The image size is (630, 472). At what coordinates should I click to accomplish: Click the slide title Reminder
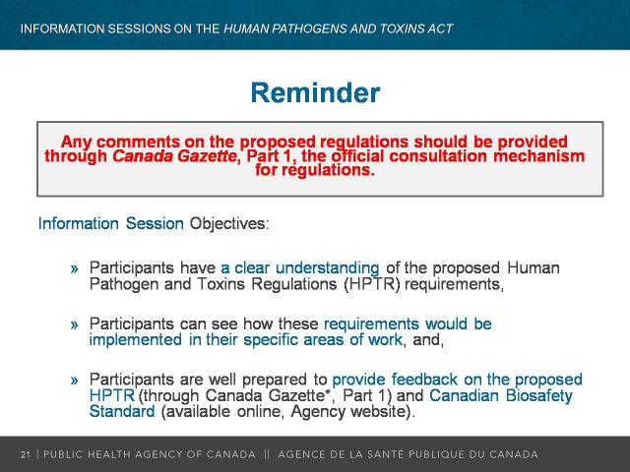click(315, 92)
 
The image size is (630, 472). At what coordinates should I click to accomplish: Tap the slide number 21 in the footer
click(26, 454)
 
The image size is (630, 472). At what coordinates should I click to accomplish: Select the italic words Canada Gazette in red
click(174, 156)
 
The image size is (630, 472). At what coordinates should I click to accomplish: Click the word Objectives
click(229, 223)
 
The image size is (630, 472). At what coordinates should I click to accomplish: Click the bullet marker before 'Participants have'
click(75, 268)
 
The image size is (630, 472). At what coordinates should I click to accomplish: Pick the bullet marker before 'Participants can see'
click(75, 324)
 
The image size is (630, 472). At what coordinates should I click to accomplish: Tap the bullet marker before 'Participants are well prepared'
click(75, 381)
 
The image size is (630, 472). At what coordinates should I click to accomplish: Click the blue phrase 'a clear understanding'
click(299, 268)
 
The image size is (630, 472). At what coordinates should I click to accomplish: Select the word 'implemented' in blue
click(136, 340)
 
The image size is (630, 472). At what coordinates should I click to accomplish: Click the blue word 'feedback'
click(424, 380)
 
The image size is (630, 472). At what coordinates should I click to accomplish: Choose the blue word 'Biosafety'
click(538, 395)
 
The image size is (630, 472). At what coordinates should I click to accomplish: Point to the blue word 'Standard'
click(122, 411)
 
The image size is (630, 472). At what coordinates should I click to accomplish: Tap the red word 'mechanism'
click(538, 156)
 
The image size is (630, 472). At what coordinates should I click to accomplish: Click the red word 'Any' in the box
click(77, 142)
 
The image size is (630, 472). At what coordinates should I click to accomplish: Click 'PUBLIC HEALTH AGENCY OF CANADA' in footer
click(150, 454)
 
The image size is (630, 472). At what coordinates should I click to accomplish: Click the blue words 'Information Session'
click(111, 223)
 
